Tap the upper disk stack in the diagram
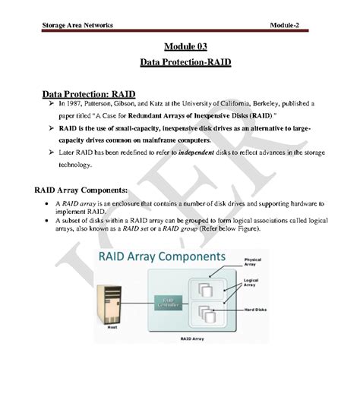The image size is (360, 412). (x=206, y=291)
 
